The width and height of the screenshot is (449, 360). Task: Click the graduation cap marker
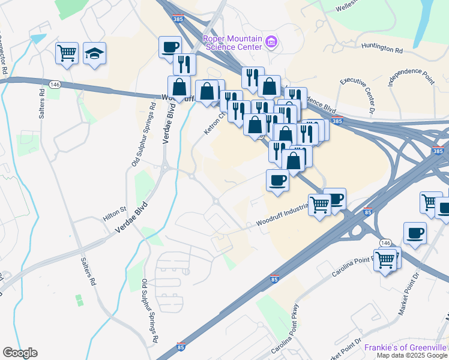pos(95,53)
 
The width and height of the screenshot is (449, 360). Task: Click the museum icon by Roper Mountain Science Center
pos(271,41)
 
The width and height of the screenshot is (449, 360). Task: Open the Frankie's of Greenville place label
pos(406,347)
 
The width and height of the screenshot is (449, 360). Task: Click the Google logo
pos(20,353)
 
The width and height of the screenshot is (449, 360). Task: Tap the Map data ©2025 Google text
pos(412,355)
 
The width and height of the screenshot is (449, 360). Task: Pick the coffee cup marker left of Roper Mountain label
pos(170,46)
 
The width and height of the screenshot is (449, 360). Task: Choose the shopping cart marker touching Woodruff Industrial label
pos(320,205)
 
